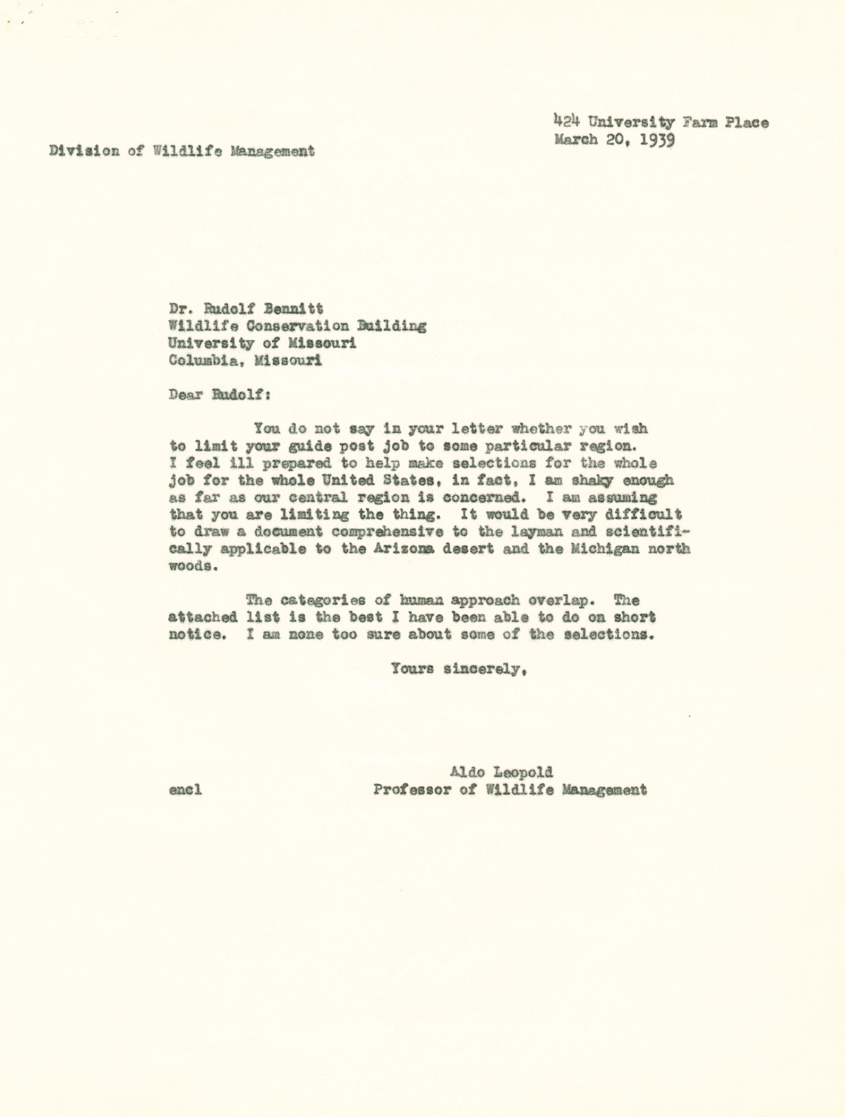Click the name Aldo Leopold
[502, 772]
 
